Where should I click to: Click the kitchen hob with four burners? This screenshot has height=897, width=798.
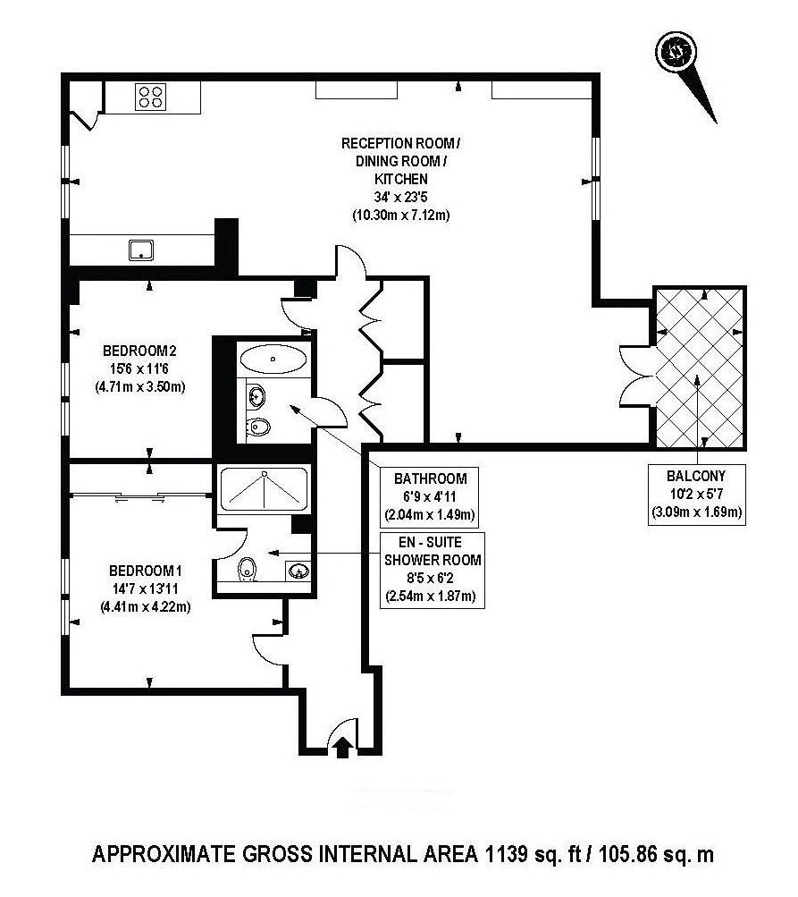point(151,96)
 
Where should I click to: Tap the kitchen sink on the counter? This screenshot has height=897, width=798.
point(141,249)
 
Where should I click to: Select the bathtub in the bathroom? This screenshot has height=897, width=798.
point(273,360)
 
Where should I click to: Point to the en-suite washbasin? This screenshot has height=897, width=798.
point(298,571)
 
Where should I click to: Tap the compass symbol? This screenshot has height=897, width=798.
point(672,51)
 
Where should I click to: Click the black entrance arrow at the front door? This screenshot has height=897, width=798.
point(342,745)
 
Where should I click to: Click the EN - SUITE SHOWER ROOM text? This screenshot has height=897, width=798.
point(433,551)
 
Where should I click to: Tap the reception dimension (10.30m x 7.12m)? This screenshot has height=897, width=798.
point(401,216)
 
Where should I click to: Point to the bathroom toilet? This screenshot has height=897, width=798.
point(259,427)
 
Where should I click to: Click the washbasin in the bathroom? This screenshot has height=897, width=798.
point(256,393)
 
